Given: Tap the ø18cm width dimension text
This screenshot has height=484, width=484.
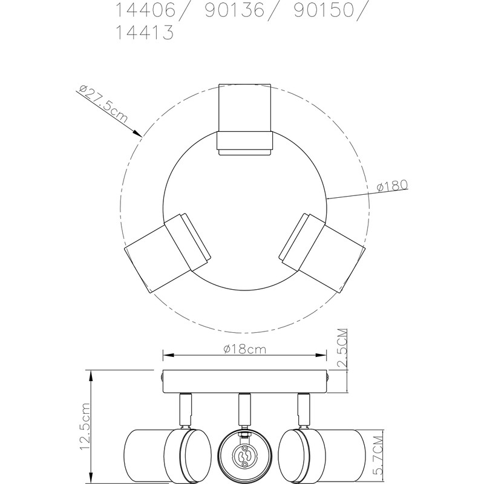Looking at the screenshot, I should [245, 349].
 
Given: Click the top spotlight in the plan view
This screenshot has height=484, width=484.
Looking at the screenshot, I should [245, 120].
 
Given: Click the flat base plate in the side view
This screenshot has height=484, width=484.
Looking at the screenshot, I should [244, 381].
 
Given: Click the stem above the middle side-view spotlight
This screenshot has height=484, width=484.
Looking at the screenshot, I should [244, 410].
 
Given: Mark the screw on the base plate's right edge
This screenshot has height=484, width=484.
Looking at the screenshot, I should [327, 376].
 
